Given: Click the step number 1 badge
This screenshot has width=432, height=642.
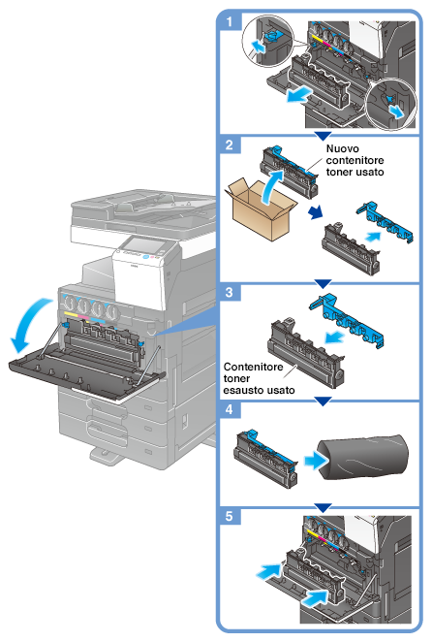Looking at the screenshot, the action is pos(230,21).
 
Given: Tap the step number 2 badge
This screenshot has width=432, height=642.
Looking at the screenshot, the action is pos(230,144).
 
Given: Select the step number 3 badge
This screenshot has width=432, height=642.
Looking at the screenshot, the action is pos(230,292).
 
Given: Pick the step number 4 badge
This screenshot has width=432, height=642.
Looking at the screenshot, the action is pos(230,409).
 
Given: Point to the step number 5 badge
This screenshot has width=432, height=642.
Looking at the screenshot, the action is pos(230,516).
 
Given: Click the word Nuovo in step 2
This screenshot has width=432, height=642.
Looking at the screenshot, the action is pos(343,148).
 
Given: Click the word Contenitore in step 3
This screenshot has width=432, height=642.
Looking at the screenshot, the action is pos(253,367).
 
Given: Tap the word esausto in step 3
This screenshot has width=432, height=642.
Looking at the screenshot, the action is pos(242,390).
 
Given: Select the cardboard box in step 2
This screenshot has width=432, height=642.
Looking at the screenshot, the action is pos(261,210).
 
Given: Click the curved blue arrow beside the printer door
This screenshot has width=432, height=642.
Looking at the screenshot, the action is pos(29,324).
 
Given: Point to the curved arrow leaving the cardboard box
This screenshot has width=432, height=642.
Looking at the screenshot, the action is pos(271,185).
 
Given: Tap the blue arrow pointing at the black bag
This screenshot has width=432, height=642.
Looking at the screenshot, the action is pos(316,462).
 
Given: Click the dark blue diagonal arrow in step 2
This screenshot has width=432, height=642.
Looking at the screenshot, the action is pos(316,212).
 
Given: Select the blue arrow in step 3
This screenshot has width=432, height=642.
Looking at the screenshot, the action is pos(334,337).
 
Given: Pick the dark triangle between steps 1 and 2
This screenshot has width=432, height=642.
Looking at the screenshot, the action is pos(323,136).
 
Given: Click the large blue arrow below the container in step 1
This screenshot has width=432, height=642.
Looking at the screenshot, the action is pos(298,95).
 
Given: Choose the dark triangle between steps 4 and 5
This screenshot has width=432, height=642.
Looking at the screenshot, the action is pos(323,508).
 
